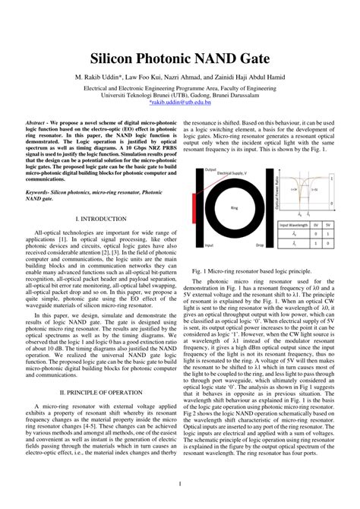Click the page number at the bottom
[x=179, y=484]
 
